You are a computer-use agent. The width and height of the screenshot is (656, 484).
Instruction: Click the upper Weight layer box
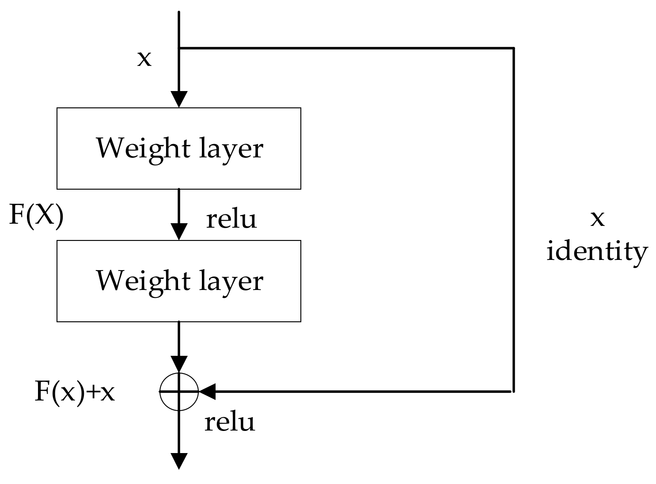[x=178, y=148]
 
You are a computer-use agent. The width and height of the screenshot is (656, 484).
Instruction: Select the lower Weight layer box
[x=178, y=281]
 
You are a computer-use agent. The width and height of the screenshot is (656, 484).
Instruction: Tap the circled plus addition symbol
[x=178, y=391]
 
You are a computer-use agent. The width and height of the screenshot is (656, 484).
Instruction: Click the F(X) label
[x=36, y=217]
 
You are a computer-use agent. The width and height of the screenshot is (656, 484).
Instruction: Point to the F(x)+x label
[x=74, y=392]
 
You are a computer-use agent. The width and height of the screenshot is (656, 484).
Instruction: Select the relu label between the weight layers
[x=231, y=219]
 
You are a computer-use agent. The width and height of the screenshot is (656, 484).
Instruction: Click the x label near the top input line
[x=144, y=58]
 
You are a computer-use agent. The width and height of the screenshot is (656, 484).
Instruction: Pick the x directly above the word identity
[x=597, y=218]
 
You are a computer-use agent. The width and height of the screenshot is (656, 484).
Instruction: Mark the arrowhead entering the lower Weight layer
[x=178, y=232]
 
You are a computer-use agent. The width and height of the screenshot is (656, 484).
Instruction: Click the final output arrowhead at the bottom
[x=178, y=461]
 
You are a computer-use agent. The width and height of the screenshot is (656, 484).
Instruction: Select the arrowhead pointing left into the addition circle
[x=207, y=391]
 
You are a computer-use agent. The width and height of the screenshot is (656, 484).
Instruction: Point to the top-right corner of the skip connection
[x=513, y=48]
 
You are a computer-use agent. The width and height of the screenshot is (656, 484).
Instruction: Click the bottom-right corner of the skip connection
[x=513, y=391]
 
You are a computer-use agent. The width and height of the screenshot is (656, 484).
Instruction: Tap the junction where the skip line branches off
[x=178, y=48]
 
